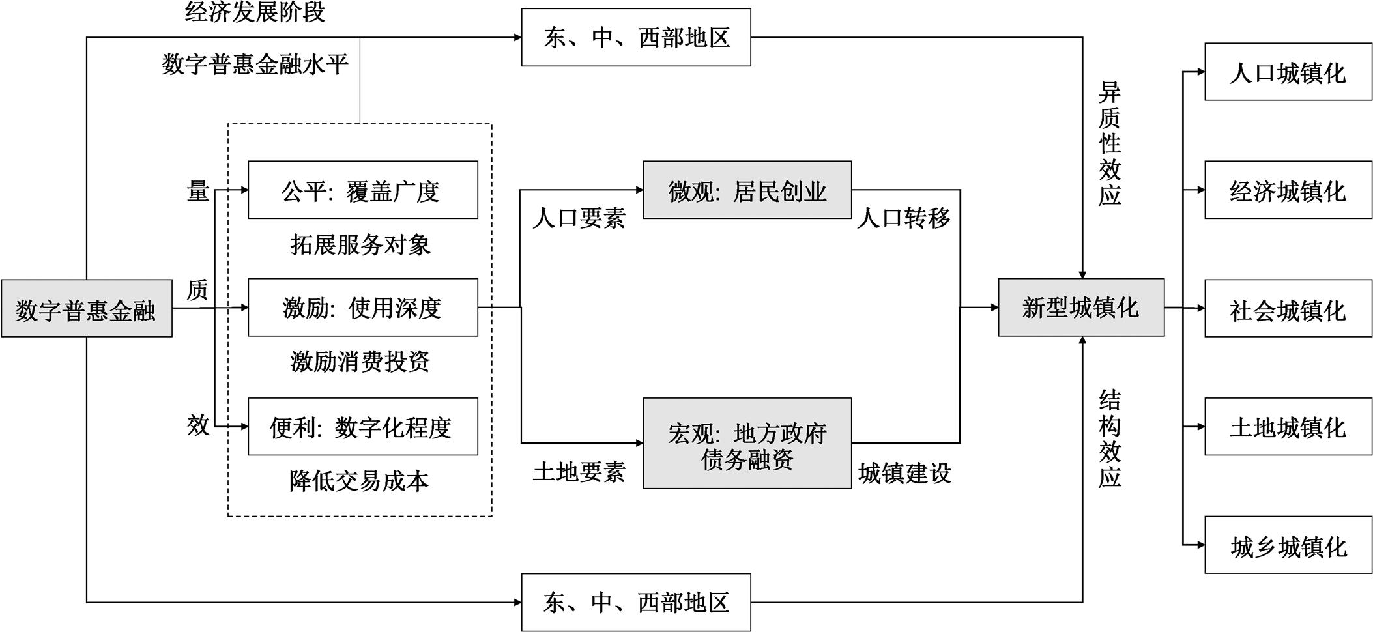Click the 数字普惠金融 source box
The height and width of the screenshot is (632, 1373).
86,308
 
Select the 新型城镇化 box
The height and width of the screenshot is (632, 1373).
1080,308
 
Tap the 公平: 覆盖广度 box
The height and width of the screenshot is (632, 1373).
362,190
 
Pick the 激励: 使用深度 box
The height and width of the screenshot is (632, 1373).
362,308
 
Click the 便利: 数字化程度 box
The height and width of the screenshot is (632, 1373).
362,427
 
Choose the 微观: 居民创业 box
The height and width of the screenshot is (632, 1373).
747,190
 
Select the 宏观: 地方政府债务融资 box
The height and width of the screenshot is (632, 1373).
747,444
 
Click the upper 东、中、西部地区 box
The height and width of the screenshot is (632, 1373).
635,37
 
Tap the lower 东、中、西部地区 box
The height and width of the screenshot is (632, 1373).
635,602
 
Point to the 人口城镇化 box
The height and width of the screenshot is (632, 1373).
1288,72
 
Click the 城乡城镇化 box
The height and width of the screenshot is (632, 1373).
1288,545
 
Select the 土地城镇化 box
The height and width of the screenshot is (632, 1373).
1288,427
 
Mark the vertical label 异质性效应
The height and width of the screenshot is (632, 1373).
1109,143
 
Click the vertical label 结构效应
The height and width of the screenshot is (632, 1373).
1109,438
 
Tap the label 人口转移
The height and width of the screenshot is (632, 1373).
903,218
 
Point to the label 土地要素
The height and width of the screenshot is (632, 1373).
579,472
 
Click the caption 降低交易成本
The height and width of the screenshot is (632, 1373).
359,481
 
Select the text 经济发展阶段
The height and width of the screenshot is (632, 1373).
255,12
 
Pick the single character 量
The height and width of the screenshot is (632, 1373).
197,191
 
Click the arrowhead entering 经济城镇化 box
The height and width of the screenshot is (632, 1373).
1200,190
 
